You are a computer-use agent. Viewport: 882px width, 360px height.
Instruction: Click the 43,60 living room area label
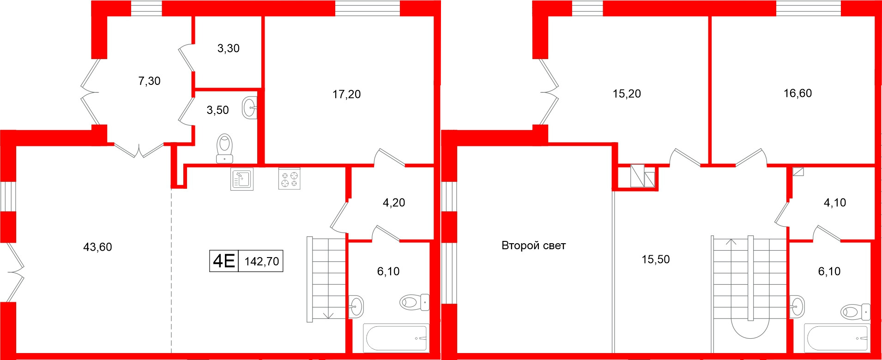(x=97, y=247)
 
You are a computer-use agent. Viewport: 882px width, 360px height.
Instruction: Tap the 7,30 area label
(x=149, y=81)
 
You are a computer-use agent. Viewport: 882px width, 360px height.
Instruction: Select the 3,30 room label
(x=228, y=48)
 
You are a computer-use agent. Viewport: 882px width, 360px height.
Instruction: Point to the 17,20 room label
(x=346, y=95)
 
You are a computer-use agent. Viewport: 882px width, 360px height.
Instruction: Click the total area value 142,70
(x=261, y=262)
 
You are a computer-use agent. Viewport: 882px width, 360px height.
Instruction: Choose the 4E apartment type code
(x=224, y=261)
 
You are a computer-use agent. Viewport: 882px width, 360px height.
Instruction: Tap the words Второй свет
(x=533, y=246)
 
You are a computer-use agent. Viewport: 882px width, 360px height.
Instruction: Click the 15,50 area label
(x=655, y=259)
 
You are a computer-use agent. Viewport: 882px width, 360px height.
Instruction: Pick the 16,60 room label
(x=797, y=93)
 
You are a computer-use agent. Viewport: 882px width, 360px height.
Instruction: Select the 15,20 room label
(x=627, y=94)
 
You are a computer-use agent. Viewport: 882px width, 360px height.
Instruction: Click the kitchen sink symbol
(x=242, y=179)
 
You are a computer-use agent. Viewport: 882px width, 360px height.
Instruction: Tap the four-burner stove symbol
(x=289, y=179)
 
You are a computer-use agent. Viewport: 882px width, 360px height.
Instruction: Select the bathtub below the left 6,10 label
(x=396, y=338)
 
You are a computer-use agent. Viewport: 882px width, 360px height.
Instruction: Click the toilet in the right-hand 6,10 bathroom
(x=855, y=312)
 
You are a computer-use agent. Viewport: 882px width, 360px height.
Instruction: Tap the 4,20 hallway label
(x=394, y=203)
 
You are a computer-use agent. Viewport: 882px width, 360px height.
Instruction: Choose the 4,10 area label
(x=835, y=203)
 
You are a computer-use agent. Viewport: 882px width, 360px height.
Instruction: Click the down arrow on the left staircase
(x=328, y=315)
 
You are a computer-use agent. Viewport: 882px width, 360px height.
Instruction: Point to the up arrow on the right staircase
(x=731, y=241)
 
